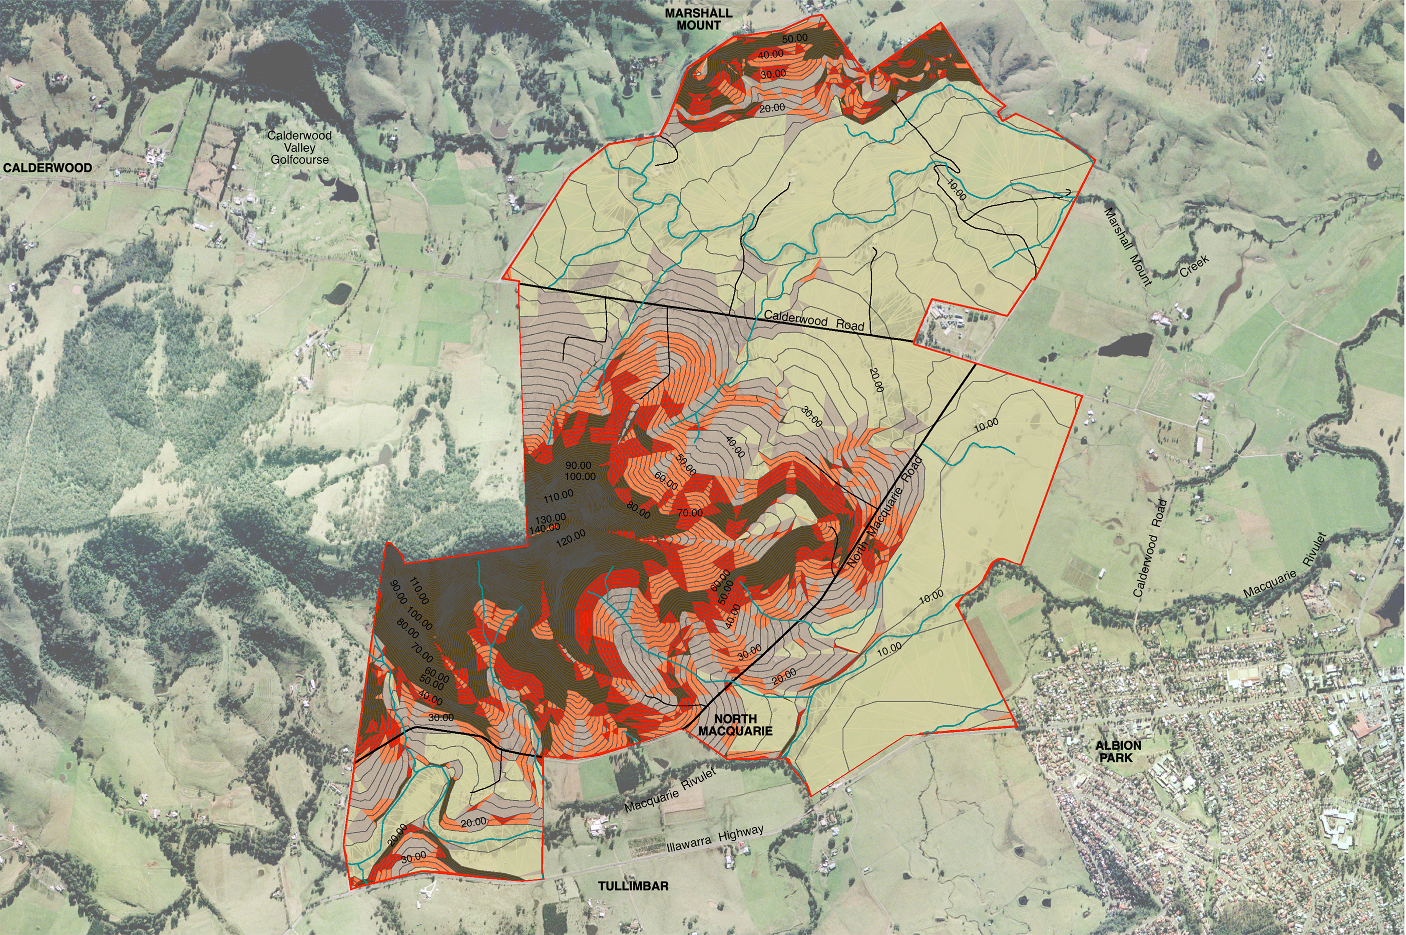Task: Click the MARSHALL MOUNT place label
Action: (x=698, y=19)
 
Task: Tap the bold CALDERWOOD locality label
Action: (x=48, y=168)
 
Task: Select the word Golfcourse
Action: (x=299, y=160)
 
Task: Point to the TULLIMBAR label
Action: (x=633, y=886)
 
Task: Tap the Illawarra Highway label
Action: (x=715, y=839)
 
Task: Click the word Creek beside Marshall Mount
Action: (x=1194, y=266)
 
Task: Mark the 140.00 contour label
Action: (x=544, y=528)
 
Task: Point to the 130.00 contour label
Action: (x=550, y=518)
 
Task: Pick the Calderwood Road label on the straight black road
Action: (x=813, y=320)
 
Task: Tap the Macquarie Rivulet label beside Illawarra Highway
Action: (x=669, y=790)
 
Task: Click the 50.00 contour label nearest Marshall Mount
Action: (x=794, y=38)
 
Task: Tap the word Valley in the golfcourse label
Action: (x=299, y=148)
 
